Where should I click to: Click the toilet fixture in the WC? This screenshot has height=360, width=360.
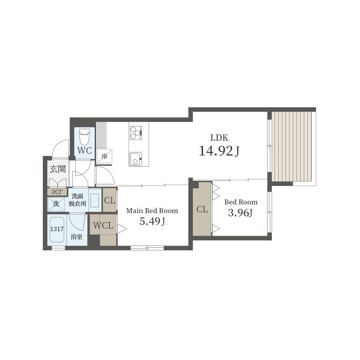click(84, 136)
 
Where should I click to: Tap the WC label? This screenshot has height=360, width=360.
click(85, 150)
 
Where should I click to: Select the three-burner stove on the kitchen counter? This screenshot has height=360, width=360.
click(136, 133)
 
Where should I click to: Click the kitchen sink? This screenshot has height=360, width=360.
click(135, 159)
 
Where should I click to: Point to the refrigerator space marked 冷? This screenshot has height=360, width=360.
click(104, 156)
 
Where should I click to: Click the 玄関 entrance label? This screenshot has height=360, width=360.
click(58, 169)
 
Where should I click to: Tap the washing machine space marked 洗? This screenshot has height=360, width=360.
click(56, 204)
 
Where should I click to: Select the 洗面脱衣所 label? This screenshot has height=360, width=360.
click(78, 200)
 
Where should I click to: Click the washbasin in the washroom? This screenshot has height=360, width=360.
click(94, 201)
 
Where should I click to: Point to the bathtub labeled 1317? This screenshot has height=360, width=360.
click(57, 230)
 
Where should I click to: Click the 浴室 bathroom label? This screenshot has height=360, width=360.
click(76, 237)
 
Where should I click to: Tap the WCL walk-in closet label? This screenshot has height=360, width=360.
click(103, 225)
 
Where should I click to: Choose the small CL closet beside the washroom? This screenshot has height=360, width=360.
click(109, 200)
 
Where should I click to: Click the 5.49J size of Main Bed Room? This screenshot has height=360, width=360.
click(152, 221)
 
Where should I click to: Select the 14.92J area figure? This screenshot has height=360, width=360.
click(219, 151)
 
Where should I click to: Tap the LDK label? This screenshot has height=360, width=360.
click(219, 138)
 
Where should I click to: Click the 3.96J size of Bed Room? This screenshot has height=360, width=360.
click(240, 213)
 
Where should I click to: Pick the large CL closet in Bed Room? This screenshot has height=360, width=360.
click(202, 209)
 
